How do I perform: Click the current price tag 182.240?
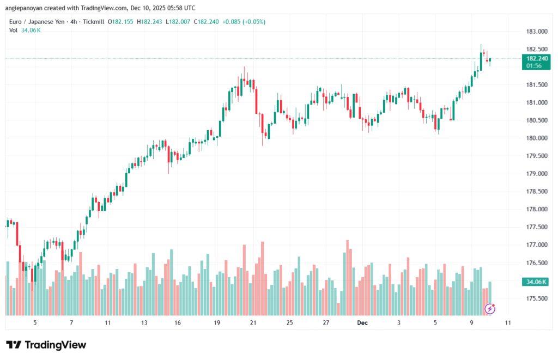[x=534, y=58]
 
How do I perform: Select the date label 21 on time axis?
[x=253, y=323]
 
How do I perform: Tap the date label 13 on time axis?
[x=144, y=323]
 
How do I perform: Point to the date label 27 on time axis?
[x=326, y=323]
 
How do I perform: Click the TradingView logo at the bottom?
[x=46, y=345]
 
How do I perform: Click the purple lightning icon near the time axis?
[x=489, y=309]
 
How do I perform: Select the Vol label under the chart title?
[x=14, y=30]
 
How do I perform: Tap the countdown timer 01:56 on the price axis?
[x=534, y=65]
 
